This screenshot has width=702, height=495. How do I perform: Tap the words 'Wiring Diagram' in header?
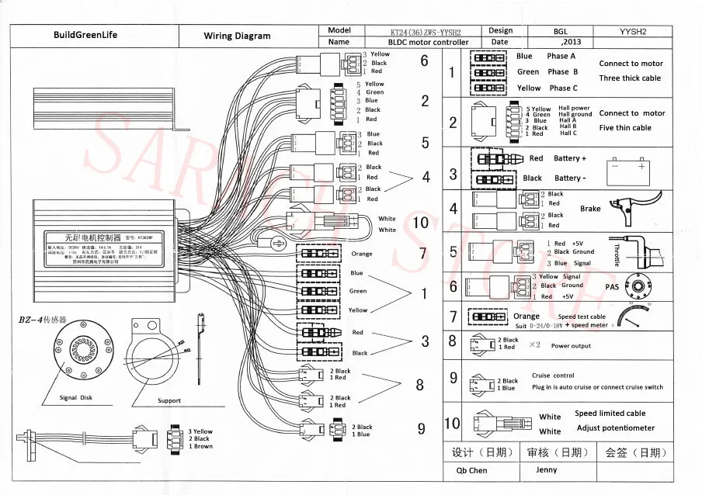click(238, 36)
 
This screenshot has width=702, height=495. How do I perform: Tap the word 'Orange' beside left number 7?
click(362, 254)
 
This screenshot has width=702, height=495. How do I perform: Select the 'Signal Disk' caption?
click(78, 398)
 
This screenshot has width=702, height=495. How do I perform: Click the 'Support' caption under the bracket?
click(169, 401)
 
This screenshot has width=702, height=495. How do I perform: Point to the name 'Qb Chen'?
click(467, 470)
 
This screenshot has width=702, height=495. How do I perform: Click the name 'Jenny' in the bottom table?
click(546, 469)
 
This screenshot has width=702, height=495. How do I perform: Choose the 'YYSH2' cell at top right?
click(633, 32)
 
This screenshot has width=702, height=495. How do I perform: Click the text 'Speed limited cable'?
click(610, 414)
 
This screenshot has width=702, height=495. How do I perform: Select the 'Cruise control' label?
click(553, 376)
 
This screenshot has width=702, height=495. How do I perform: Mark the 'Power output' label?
click(571, 346)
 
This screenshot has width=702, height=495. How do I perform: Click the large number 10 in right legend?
click(452, 424)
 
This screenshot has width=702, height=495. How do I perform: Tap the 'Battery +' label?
click(570, 158)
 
